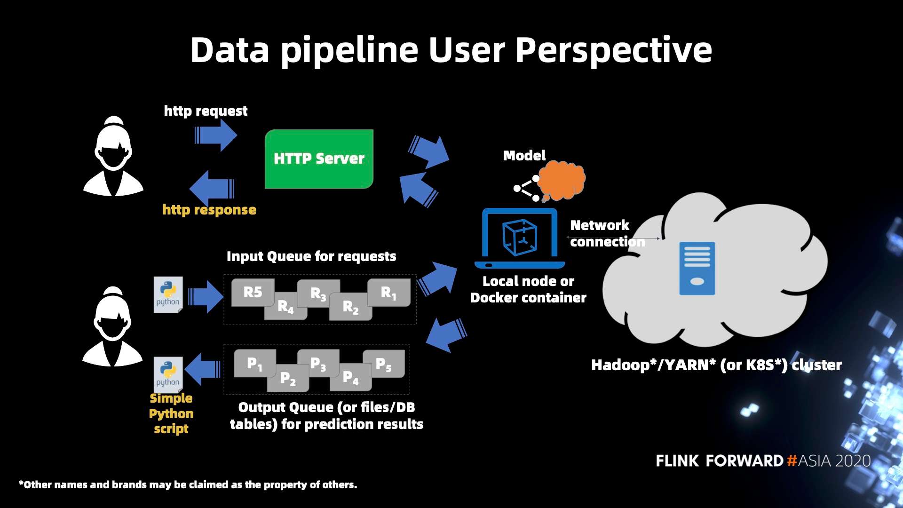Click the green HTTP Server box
coord(319,159)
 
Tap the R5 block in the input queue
coord(253,292)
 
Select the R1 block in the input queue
coord(389,293)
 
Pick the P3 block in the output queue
coord(318,363)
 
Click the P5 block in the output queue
coord(384,364)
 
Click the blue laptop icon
coord(520,238)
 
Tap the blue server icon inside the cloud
coord(697,268)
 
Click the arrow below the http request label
coord(216,135)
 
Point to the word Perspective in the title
coord(613,50)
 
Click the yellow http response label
coord(209,210)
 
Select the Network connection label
coord(607,233)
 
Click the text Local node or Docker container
coord(528,289)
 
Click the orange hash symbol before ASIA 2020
coord(792,460)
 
